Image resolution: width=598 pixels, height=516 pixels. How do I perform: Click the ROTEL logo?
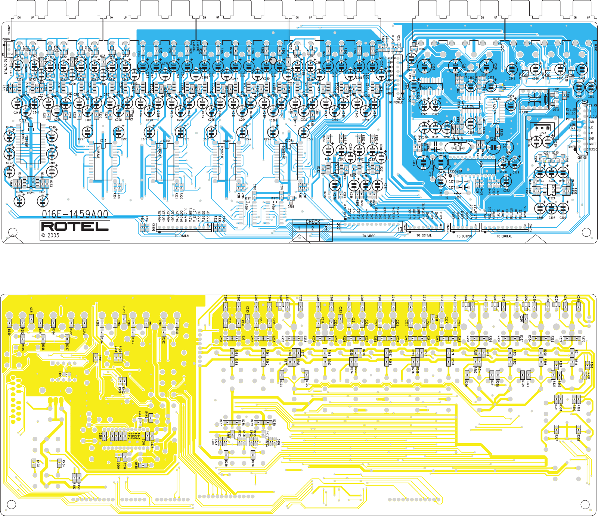pos(75,226)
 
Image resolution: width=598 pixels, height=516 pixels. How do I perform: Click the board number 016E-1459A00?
pos(75,214)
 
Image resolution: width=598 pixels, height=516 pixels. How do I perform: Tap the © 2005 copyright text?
pos(50,236)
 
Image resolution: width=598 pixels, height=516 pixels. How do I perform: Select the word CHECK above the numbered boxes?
pos(313,222)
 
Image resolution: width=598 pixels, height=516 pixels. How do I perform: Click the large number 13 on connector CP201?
pos(400,229)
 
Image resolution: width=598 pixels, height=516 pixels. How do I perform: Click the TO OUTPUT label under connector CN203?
pos(464,236)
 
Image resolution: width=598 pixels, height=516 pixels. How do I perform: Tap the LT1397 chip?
pos(469,106)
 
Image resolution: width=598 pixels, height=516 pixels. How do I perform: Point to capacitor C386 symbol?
pos(493,147)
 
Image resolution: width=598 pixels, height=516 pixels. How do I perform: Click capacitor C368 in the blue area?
pos(424,66)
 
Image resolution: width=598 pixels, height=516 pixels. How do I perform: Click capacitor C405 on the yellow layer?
pos(34,463)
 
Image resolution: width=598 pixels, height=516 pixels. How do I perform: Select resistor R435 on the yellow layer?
pos(142,465)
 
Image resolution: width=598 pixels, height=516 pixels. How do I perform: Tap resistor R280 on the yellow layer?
pos(226,454)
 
